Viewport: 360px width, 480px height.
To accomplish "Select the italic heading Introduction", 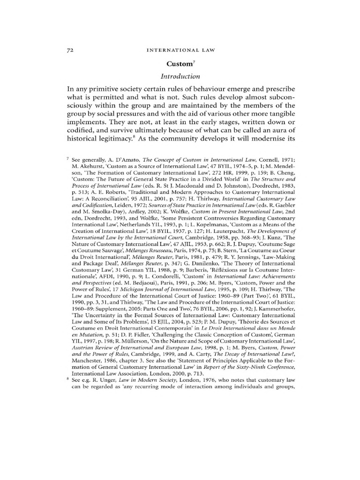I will coord(180,76).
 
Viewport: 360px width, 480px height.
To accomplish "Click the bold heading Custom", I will coord(179,63).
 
